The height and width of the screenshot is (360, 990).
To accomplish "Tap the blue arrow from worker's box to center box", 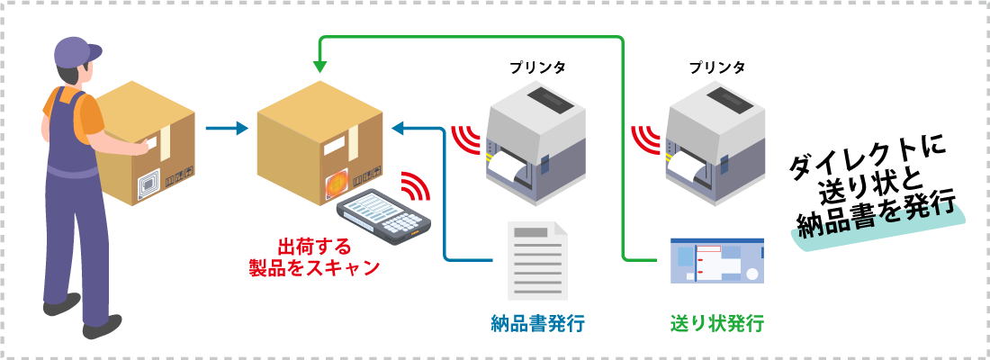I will coord(225,128).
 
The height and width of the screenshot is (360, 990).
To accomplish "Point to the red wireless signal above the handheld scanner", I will coord(416,185).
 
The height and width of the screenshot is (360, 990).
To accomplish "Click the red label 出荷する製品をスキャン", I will coord(314,256).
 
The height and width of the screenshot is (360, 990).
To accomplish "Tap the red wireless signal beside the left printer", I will coord(466,139).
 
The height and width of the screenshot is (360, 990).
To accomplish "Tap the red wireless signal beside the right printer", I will coord(646,139).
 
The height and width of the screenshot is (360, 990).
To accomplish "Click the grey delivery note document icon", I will coord(537,260).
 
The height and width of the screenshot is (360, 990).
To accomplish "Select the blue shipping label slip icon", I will coord(717,260).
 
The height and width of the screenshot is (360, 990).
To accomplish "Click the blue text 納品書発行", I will coord(537,323).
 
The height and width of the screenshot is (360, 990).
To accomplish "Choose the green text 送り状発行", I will coord(717,323).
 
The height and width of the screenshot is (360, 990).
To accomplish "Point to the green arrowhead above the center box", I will coord(319,67).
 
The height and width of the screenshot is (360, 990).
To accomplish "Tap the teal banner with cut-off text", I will coord(877,220).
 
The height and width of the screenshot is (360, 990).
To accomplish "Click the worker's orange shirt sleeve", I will coord(91,117).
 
